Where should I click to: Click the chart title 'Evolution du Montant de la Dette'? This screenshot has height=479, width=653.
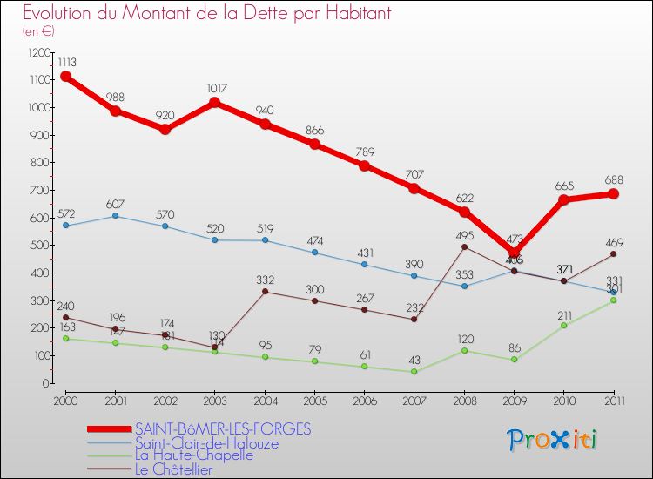pos(206,13)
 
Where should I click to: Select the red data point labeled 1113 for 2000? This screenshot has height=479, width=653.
pos(65,77)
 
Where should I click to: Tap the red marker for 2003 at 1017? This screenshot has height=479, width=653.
pos(215,103)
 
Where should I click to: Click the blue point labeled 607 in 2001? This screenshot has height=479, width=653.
pos(115,216)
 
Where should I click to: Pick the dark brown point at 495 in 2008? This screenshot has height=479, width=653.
pos(464,246)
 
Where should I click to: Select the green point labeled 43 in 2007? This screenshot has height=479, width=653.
pos(414,372)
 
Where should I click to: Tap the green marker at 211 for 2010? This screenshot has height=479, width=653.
pos(563,326)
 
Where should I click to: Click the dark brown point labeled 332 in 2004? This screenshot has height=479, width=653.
pos(265,292)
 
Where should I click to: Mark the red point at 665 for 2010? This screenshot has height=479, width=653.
pos(563,200)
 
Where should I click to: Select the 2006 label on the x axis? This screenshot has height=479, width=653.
pos(364,400)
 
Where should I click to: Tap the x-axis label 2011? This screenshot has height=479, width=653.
pos(613,400)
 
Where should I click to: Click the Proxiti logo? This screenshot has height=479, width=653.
pos(553,440)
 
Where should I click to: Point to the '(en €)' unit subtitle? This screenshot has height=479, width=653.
pos(39,31)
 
